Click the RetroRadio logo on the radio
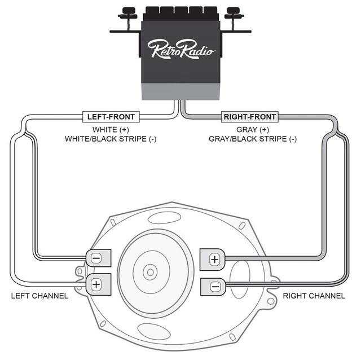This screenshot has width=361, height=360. (181, 49)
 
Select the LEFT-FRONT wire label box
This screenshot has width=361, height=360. (111, 117)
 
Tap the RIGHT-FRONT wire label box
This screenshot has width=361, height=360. (250, 117)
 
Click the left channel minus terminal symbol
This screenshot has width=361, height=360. (96, 258)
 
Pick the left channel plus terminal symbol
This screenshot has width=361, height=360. (96, 284)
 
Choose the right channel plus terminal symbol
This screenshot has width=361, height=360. (214, 260)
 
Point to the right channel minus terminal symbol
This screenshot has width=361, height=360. (215, 287)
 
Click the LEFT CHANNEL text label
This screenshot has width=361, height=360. (39, 296)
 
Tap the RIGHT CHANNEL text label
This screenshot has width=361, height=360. (314, 296)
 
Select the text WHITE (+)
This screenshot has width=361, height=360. (111, 130)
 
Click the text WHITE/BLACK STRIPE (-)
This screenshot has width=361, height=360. (111, 139)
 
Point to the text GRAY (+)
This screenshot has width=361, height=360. (253, 130)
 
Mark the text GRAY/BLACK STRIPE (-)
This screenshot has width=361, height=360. (253, 139)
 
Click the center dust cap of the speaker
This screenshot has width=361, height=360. (151, 273)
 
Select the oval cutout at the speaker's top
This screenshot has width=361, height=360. (164, 218)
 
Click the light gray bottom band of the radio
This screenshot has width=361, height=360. (180, 91)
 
